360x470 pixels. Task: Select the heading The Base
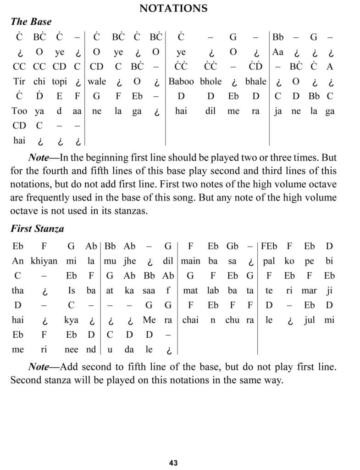click(31, 22)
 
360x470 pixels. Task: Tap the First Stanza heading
click(37, 229)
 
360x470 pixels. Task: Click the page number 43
click(173, 463)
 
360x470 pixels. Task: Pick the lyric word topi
click(59, 82)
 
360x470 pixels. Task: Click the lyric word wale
click(97, 82)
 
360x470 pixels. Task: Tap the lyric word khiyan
click(44, 261)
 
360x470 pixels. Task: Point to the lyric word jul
click(310, 320)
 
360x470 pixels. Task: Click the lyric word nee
click(71, 349)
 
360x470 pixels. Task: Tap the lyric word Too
click(19, 111)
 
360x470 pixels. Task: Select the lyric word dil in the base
click(210, 111)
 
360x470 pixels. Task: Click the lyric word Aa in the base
click(278, 52)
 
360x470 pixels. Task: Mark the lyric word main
click(190, 261)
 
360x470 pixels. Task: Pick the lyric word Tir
click(19, 82)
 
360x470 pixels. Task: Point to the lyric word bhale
click(255, 81)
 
